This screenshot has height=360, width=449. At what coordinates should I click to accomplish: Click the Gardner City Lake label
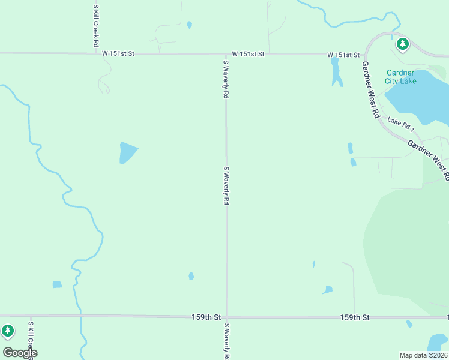400,77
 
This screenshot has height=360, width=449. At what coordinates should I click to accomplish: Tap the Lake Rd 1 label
401,125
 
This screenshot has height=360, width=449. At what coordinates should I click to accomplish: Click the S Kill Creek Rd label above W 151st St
95,26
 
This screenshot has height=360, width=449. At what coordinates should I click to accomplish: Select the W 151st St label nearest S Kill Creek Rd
118,53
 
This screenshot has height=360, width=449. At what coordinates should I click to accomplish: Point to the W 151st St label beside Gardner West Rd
343,55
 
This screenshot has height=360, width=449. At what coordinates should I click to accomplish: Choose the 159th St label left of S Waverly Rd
206,316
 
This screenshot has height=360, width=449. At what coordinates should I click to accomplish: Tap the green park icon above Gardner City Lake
402,44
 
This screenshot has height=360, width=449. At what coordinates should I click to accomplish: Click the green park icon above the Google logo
7,331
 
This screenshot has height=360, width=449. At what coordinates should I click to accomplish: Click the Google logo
20,353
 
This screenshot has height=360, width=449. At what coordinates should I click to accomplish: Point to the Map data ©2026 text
424,355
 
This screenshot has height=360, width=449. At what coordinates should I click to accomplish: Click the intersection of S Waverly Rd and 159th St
226,316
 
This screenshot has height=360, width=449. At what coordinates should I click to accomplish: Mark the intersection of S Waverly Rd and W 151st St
226,54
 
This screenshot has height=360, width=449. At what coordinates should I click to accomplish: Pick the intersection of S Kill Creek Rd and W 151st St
96,53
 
